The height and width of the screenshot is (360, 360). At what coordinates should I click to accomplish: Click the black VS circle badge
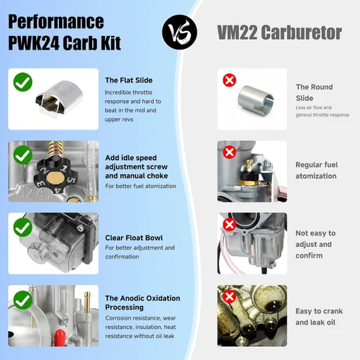coord(179,32)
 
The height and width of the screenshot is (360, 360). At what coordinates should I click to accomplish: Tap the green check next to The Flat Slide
coord(23,82)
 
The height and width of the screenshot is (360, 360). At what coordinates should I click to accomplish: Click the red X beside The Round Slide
coord(230,80)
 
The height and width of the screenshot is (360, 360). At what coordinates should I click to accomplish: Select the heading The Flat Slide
coord(129,80)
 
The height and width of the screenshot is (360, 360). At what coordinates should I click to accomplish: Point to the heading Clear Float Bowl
coord(134,238)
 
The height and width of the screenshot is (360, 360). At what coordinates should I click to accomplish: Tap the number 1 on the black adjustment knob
coord(63,168)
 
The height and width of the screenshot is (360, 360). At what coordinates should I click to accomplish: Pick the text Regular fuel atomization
coord(316,171)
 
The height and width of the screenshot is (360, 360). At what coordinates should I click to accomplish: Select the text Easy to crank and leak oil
coord(319,317)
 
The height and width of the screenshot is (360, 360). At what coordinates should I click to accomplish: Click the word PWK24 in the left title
coord(34,42)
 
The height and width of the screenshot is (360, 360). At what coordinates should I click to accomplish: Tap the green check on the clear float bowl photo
coord(23,228)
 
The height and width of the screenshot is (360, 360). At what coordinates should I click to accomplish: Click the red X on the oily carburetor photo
coord(230,297)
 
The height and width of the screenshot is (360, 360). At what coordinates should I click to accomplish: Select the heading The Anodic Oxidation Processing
coord(143,302)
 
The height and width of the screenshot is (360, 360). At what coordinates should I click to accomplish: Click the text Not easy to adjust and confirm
coord(315,244)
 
